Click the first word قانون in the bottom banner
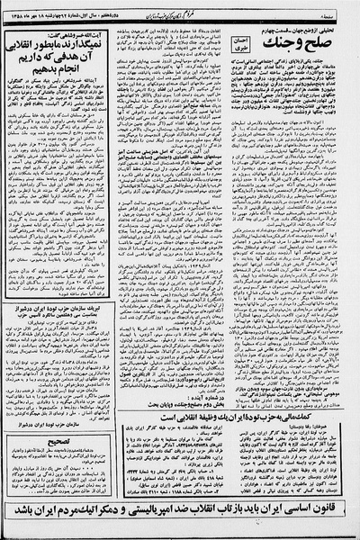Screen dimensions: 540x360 pos(334,518)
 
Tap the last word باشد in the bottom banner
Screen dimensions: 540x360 pos(22,518)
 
